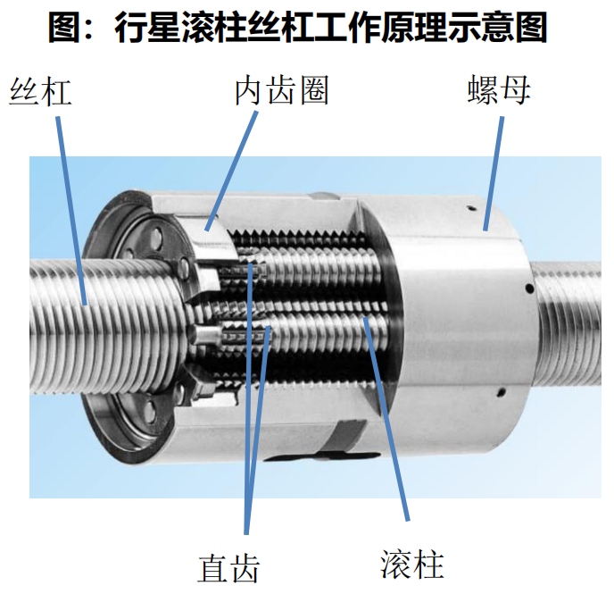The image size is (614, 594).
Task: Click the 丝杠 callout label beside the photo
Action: coord(40,92)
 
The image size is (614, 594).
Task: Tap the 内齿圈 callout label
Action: coord(281,90)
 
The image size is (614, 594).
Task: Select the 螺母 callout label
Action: coord(499,89)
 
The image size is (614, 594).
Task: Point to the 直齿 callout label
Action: coord(228,568)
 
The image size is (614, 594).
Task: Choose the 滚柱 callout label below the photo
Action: coord(412,565)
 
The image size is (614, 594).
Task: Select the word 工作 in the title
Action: coord(347,27)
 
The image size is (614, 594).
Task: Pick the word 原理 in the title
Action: coord(414,27)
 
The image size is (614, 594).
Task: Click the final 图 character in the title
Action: coord(531,27)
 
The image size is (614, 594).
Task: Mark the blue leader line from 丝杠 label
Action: coord(71,211)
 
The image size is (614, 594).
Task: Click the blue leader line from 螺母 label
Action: coord(494,173)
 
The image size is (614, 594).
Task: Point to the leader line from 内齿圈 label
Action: coord(231,171)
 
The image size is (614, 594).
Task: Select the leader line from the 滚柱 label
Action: coord(386,419)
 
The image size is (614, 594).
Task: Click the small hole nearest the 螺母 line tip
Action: coord(472,208)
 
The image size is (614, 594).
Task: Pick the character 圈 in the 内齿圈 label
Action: coord(314,90)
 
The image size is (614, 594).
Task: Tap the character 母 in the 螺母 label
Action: coord(516,89)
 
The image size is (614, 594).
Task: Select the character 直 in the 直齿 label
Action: coord(212,568)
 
